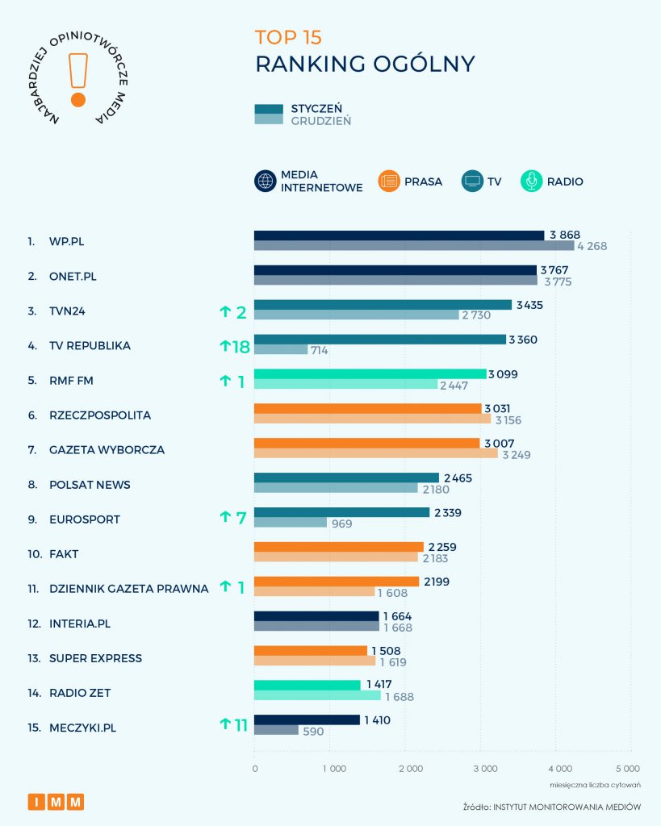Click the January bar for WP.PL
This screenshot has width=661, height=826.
pyautogui.click(x=400, y=236)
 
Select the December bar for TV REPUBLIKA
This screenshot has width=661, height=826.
pyautogui.click(x=281, y=350)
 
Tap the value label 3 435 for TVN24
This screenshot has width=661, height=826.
pyautogui.click(x=533, y=305)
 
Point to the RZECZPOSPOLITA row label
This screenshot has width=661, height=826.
pyautogui.click(x=99, y=415)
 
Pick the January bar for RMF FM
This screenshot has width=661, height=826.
pyautogui.click(x=370, y=374)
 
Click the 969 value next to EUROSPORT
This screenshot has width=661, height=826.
pyautogui.click(x=341, y=524)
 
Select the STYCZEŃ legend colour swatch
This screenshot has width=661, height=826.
pyautogui.click(x=269, y=109)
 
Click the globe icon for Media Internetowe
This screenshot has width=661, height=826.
pyautogui.click(x=266, y=181)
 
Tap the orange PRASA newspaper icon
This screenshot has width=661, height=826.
pyautogui.click(x=389, y=181)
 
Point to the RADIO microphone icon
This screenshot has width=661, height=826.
pyautogui.click(x=531, y=181)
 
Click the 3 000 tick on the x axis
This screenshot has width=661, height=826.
pyautogui.click(x=483, y=769)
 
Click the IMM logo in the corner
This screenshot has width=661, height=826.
pyautogui.click(x=56, y=802)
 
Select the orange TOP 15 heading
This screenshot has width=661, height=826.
pyautogui.click(x=288, y=37)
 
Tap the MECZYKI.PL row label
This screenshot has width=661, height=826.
pyautogui.click(x=83, y=728)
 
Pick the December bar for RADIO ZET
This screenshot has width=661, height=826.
pyautogui.click(x=317, y=696)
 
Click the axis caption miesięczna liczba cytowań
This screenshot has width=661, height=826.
pyautogui.click(x=596, y=784)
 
